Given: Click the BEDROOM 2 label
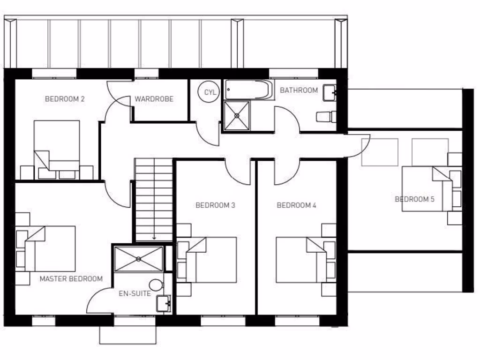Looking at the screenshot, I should (65, 99).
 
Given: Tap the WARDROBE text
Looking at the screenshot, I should (154, 99).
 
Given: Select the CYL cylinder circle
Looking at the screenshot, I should (210, 92).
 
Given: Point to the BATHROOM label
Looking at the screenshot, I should (299, 90).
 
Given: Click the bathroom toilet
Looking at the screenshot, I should (326, 117).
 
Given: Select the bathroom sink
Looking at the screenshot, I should (330, 93).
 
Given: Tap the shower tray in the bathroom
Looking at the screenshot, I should (237, 115).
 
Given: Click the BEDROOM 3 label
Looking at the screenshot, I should (215, 205).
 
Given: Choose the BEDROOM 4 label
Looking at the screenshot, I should (297, 205).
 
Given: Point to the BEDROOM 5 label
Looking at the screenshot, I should (414, 199).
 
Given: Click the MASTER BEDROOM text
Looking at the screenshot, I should (71, 278).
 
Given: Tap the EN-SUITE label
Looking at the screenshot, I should (135, 294).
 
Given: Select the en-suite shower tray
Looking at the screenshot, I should (139, 259).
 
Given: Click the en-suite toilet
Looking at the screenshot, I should (155, 285).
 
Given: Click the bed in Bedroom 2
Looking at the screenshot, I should (57, 145).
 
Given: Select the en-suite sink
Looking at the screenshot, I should (164, 304).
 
